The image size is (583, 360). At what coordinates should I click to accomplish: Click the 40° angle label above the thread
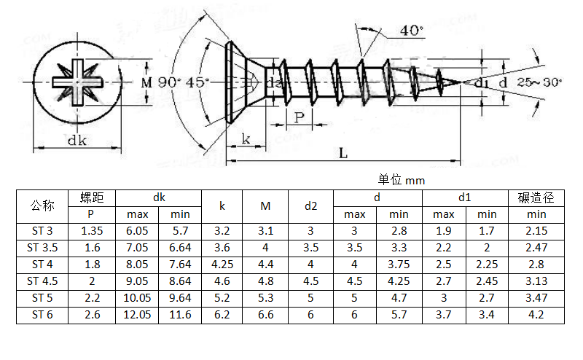(412, 31)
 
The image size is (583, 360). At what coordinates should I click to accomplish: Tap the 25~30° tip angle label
(539, 82)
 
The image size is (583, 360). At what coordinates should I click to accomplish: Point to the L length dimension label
(343, 152)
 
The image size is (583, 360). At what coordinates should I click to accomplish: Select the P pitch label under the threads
(300, 117)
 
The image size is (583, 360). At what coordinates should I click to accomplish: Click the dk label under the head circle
(77, 140)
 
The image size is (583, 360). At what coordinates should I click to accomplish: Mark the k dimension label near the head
(246, 138)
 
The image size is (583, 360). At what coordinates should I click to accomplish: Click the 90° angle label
(169, 82)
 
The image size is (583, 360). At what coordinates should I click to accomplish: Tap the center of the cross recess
(77, 82)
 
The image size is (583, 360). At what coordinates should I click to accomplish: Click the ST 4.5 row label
(42, 281)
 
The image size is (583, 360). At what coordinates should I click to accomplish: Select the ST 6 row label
(42, 315)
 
